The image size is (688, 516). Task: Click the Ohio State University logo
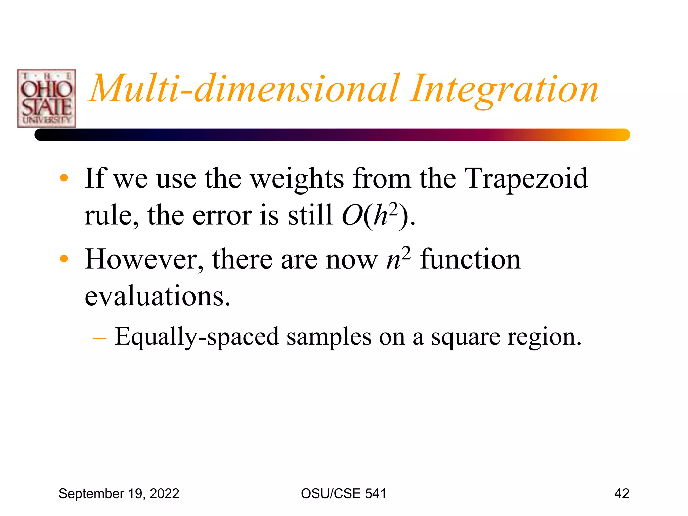point(47,98)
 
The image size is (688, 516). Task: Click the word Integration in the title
point(504,89)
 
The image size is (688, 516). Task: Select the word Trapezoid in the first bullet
point(526,178)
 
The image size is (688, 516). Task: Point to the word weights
point(297,179)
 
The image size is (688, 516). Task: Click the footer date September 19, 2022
point(119,494)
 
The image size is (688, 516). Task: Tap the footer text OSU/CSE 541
point(344,494)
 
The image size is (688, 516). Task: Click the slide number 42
point(621,494)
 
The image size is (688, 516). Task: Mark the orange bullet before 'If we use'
point(64,178)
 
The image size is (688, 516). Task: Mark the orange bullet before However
point(64,259)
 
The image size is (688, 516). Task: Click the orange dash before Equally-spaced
point(99,337)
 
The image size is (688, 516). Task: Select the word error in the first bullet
point(222,215)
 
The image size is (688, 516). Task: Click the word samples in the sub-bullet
point(329,337)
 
